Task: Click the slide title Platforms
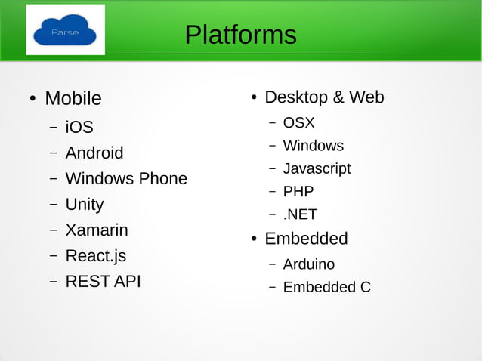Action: pos(240,35)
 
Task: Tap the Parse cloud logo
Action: pos(65,31)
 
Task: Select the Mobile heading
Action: pos(73,98)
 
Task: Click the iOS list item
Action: pos(79,127)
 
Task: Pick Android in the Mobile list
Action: pos(94,153)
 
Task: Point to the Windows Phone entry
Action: pos(126,178)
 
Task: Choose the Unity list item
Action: pos(85,204)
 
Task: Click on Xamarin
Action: pos(97,230)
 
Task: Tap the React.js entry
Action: pos(96,255)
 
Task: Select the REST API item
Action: pos(103,281)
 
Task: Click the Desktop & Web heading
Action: pos(324,97)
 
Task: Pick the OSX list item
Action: pos(298,122)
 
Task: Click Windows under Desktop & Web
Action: pos(313,145)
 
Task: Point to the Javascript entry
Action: pos(317,168)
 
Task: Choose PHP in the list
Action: pos(298,191)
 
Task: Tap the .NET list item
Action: pos(300,214)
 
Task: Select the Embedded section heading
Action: pos(306,239)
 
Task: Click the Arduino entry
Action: pos(308,264)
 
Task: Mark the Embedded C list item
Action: pos(326,287)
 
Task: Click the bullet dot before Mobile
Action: pos(32,99)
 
